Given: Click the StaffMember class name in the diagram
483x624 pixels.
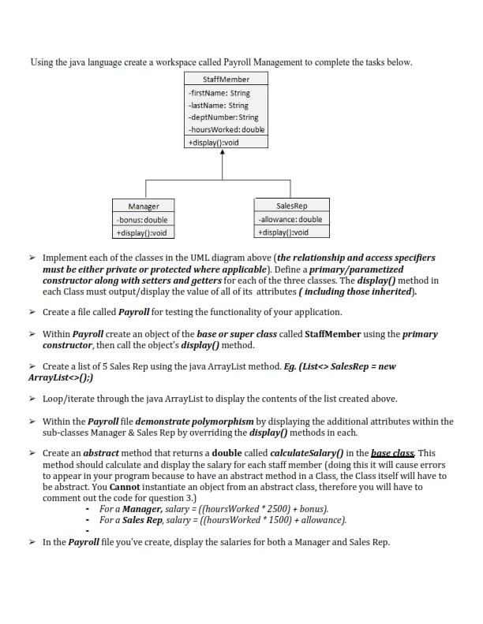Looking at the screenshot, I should pyautogui.click(x=226, y=80).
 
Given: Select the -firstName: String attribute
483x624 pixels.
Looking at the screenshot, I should pyautogui.click(x=219, y=93).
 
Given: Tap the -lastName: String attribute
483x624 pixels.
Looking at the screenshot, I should pyautogui.click(x=218, y=105).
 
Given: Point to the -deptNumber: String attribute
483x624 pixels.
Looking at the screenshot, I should pyautogui.click(x=223, y=117).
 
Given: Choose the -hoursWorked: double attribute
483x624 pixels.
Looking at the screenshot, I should pyautogui.click(x=227, y=129).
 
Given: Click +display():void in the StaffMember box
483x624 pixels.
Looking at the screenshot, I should pyautogui.click(x=213, y=143).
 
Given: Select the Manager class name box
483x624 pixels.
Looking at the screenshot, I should pyautogui.click(x=144, y=206).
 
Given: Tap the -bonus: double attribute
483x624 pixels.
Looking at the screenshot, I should pyautogui.click(x=142, y=220).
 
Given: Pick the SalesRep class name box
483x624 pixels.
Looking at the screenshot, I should pyautogui.click(x=290, y=206).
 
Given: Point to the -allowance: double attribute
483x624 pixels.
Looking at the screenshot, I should pyautogui.click(x=290, y=219).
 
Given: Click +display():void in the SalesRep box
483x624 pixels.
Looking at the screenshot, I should pyautogui.click(x=283, y=232).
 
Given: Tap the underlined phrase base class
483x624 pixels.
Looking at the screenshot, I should pyautogui.click(x=393, y=453).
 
